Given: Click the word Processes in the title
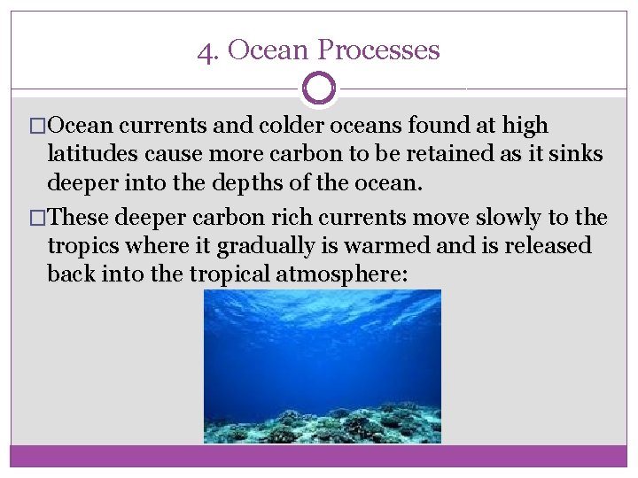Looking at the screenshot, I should (x=384, y=50).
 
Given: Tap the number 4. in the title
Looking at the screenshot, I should (x=208, y=50).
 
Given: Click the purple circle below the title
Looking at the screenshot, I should (x=319, y=89).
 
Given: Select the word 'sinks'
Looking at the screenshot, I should (x=577, y=154).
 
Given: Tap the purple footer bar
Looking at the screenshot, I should (x=319, y=456).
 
